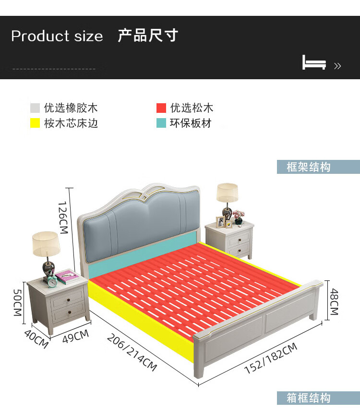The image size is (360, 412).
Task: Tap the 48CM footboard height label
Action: tap(334, 301)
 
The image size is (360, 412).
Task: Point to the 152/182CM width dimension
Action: tap(271, 358)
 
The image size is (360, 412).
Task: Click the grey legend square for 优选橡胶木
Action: tap(35, 108)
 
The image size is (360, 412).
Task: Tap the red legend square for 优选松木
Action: tap(161, 108)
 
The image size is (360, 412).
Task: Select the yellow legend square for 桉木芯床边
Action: tap(35, 123)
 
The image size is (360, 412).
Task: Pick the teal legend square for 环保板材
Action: tap(161, 123)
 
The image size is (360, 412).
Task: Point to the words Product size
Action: tap(57, 36)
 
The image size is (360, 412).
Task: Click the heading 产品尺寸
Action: tap(148, 36)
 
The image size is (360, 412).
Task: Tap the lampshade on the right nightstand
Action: tap(227, 193)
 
